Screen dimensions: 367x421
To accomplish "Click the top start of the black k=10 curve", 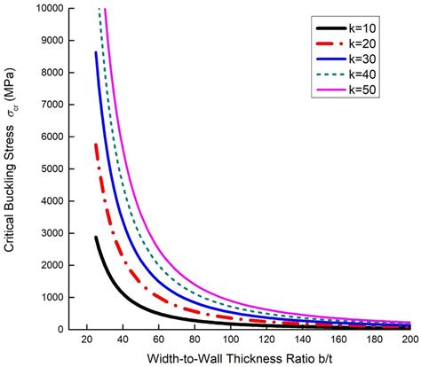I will coord(96,237).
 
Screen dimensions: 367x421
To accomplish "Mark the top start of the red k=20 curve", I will coord(96,144).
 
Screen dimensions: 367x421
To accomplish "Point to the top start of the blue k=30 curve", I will coord(96,53).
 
